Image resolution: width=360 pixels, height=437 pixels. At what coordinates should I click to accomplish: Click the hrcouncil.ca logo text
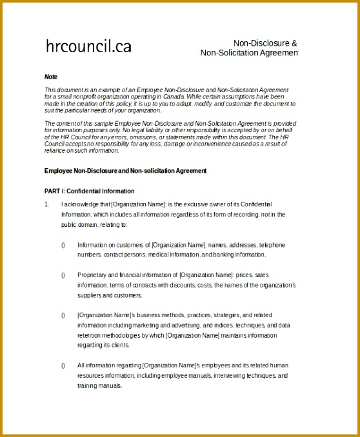(88, 46)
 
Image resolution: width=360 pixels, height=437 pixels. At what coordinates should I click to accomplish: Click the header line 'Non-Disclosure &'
(265, 43)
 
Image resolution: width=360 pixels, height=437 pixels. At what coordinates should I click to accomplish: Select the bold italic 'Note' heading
(50, 77)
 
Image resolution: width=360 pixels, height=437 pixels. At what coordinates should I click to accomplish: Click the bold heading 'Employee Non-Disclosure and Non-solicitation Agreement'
(125, 171)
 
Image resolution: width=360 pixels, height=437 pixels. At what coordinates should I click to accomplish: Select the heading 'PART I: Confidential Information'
(89, 191)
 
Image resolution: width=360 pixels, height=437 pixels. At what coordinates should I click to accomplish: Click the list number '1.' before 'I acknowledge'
(46, 204)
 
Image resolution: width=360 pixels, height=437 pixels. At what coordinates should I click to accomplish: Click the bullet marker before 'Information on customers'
(63, 245)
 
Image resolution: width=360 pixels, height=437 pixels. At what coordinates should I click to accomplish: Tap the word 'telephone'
(272, 245)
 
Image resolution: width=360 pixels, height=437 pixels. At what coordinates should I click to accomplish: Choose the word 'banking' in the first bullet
(221, 255)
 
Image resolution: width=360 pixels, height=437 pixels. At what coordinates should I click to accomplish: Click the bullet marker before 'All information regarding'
(63, 365)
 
